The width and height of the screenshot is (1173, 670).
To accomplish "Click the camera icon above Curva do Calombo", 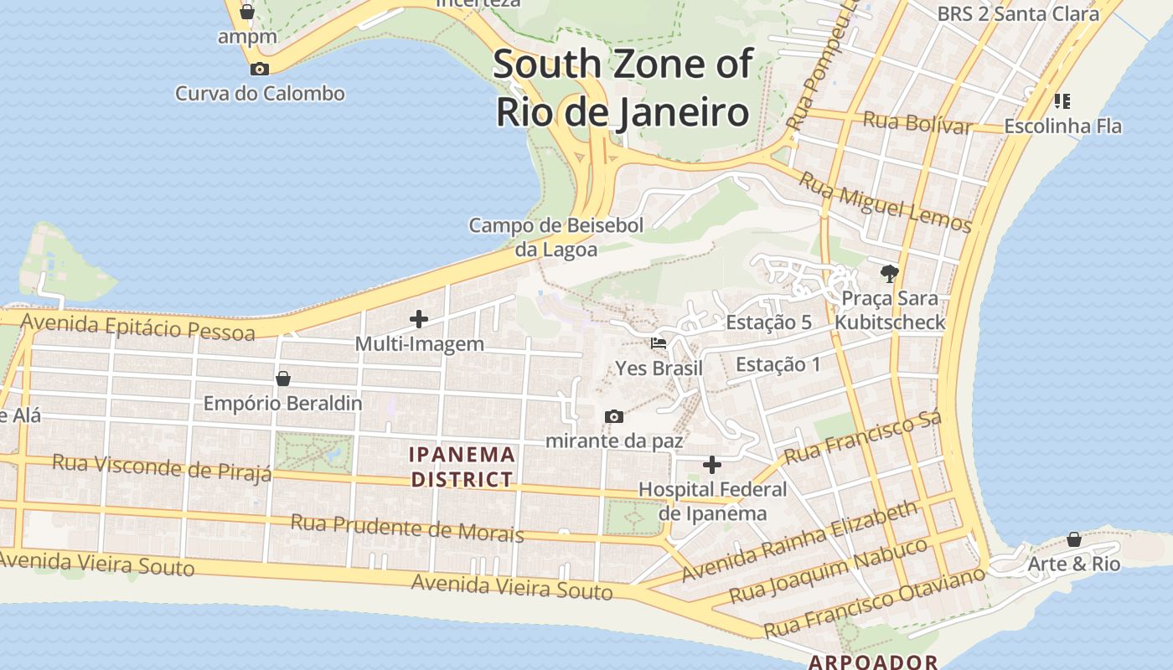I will click(x=260, y=69).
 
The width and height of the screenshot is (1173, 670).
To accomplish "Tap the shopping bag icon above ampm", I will click(x=247, y=12).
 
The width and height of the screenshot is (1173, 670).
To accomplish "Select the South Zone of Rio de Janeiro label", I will click(x=623, y=88).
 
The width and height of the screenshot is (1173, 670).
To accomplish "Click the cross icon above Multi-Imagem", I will click(x=419, y=318).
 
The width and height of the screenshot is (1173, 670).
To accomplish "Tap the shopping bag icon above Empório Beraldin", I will click(x=283, y=379).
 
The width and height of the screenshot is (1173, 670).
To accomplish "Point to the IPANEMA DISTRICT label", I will click(x=462, y=466).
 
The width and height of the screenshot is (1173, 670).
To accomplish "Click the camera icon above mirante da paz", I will click(x=614, y=416).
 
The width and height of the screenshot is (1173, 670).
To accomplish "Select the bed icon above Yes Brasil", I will click(x=659, y=343).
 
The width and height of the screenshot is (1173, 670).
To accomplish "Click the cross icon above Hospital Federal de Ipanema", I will click(x=712, y=464).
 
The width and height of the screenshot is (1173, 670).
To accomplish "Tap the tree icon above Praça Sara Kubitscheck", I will click(x=890, y=273).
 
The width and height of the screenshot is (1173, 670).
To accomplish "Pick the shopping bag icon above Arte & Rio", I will click(x=1074, y=539).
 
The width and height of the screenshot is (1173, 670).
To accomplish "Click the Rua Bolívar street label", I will click(x=917, y=122).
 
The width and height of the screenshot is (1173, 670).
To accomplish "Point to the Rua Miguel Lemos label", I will click(x=885, y=202).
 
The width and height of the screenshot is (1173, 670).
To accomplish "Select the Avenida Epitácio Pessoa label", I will click(x=137, y=327).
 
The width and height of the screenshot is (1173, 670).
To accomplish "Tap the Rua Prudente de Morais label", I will click(x=407, y=528).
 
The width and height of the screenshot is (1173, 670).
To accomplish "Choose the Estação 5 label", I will click(x=768, y=322).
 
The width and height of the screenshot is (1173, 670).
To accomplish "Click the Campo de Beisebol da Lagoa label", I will click(x=556, y=237).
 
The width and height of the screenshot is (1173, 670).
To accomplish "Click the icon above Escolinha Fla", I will click(x=1062, y=101).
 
